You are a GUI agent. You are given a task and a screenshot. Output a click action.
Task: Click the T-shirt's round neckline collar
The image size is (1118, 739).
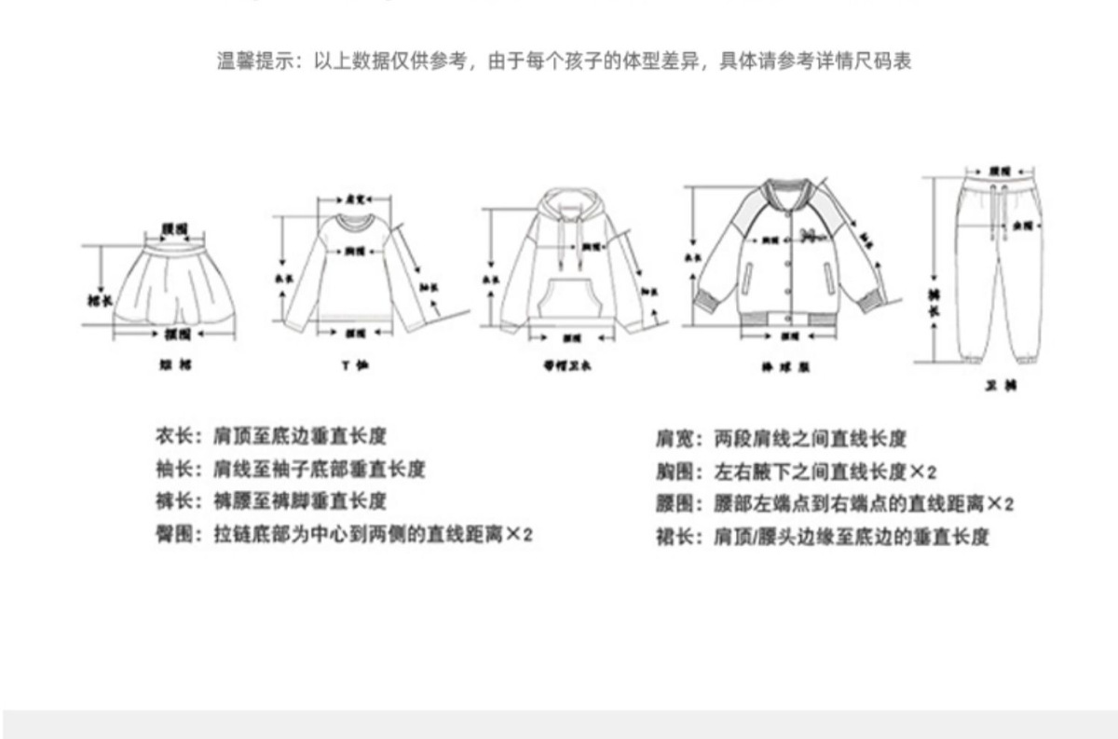tap(354, 222)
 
